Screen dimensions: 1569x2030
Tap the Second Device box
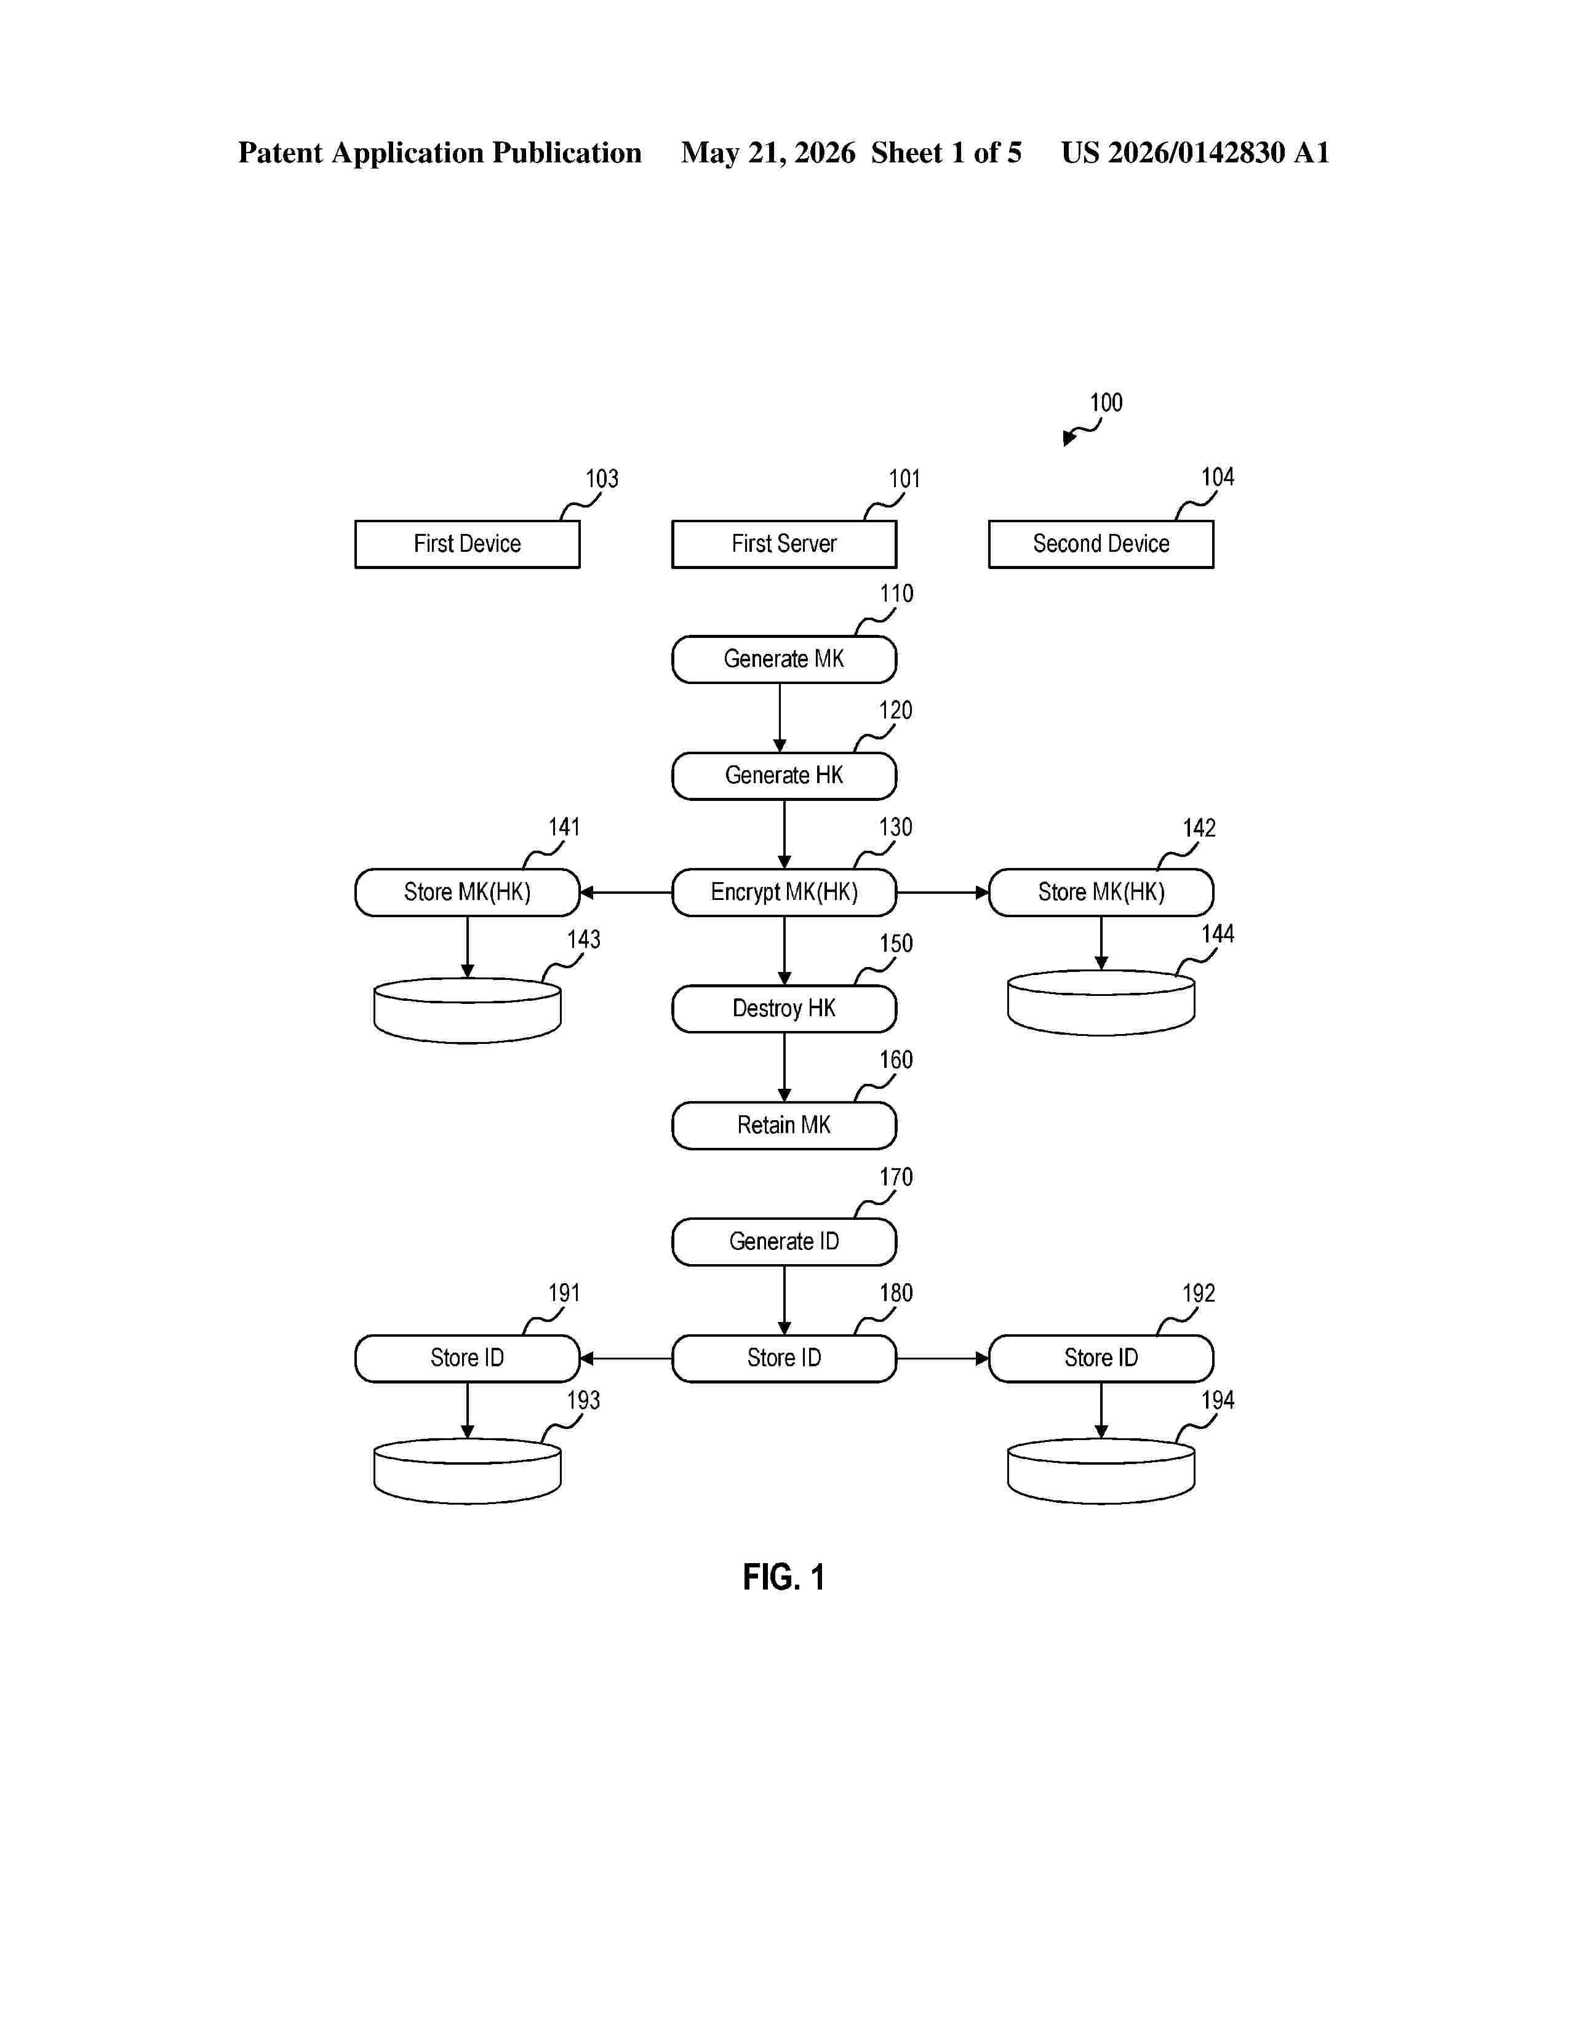[1101, 544]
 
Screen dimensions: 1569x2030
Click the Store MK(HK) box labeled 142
[1101, 893]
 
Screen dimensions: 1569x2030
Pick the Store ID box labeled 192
[1101, 1358]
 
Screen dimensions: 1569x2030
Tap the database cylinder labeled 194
[1101, 1471]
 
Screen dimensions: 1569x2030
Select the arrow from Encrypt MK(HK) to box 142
[943, 893]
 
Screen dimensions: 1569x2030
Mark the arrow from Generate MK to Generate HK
[780, 717]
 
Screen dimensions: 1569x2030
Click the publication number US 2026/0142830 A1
[1196, 153]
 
